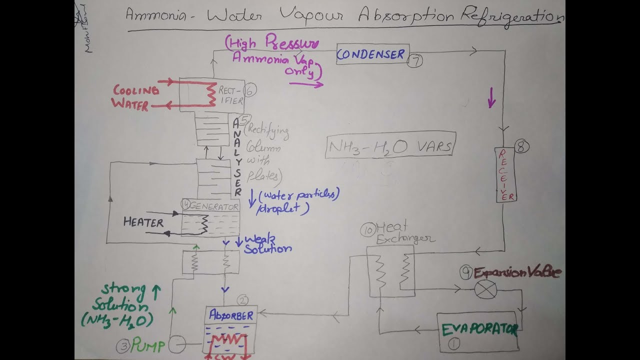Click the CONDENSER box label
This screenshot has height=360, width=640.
tap(371, 54)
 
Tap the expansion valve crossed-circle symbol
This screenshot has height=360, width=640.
tap(485, 289)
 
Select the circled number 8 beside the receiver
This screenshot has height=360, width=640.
tap(520, 146)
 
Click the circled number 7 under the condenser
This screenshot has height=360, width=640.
tap(415, 61)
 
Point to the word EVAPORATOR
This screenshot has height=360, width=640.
tap(478, 329)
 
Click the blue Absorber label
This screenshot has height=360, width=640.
tap(231, 315)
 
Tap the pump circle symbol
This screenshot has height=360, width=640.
tap(177, 344)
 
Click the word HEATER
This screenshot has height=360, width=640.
tap(143, 222)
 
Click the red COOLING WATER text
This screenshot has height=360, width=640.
tap(135, 97)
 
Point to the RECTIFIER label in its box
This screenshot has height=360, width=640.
tap(230, 95)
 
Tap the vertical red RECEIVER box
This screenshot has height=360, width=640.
tap(505, 174)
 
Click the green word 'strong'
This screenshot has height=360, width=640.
tap(123, 289)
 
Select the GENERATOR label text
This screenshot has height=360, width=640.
tap(213, 206)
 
